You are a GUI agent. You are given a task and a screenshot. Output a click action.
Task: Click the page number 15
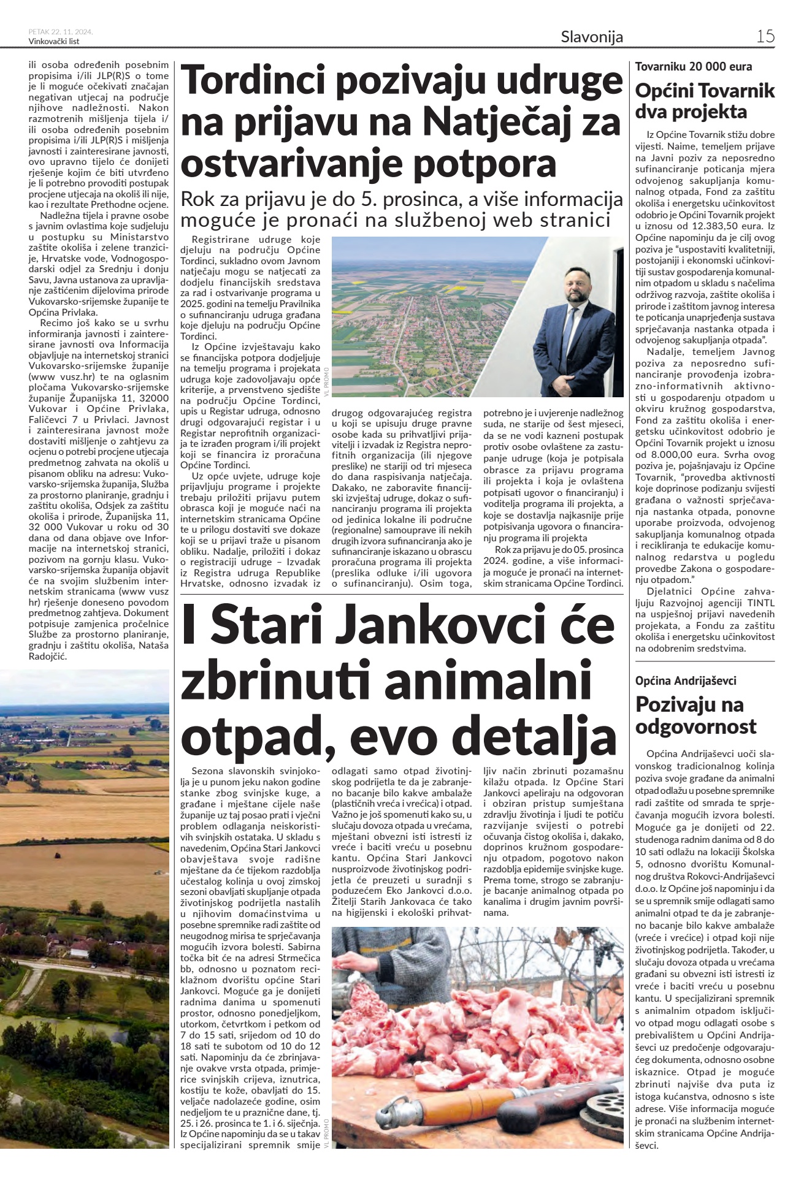tap(765, 36)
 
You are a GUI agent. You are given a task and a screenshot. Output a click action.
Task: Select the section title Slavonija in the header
tap(592, 37)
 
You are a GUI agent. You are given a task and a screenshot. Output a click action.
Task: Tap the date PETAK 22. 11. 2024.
tap(61, 32)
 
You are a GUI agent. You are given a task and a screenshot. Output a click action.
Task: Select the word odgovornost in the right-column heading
tap(695, 727)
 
